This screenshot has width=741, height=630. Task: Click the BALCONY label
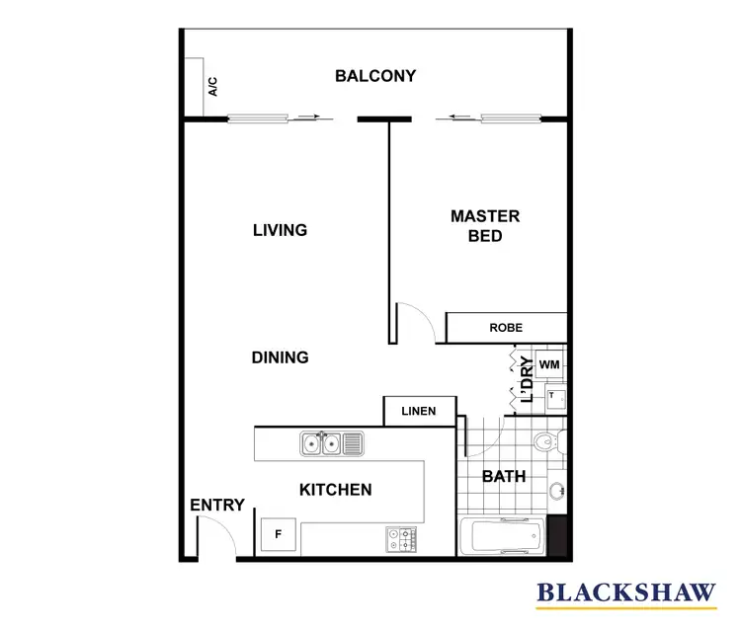[x=374, y=76]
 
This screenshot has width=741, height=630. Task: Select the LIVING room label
[x=280, y=230]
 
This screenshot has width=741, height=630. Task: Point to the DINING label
[x=280, y=357]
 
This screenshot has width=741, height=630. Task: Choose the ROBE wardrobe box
[x=506, y=328]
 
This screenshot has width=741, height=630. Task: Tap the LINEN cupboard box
[x=420, y=412]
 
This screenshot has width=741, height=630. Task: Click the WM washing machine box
[x=550, y=365]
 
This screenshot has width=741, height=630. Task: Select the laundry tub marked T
[x=554, y=398]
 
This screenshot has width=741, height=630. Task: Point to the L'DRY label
[x=527, y=380]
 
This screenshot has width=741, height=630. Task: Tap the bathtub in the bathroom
[x=503, y=539]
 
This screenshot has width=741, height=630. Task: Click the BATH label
[x=503, y=477]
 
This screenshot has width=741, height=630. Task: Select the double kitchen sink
[x=331, y=444]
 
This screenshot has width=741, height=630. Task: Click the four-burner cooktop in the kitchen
[x=402, y=539]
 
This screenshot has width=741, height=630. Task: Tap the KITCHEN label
[x=335, y=490]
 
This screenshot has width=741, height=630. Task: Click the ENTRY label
[x=217, y=506]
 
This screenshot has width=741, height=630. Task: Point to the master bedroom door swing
[x=415, y=324]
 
